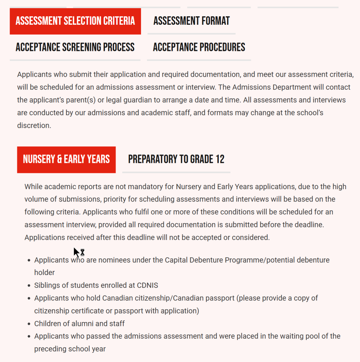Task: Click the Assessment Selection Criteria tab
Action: pos(75,21)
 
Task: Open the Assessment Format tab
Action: pos(191,21)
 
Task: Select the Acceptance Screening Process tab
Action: pos(75,47)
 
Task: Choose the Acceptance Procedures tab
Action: pos(199,47)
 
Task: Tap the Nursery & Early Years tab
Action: pos(66,159)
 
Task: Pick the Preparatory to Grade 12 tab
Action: pos(176,159)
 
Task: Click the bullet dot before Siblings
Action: pos(29,286)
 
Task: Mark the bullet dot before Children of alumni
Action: pos(29,324)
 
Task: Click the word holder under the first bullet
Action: pos(45,273)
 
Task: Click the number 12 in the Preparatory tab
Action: pos(220,159)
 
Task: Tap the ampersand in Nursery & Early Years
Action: pos(59,159)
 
